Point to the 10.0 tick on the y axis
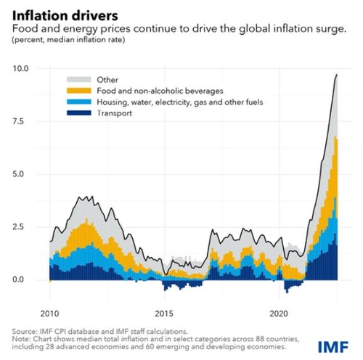click(x=21, y=68)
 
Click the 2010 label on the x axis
click(x=50, y=314)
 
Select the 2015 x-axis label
click(x=165, y=314)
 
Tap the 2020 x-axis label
click(x=280, y=314)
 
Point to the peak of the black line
click(x=336, y=74)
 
